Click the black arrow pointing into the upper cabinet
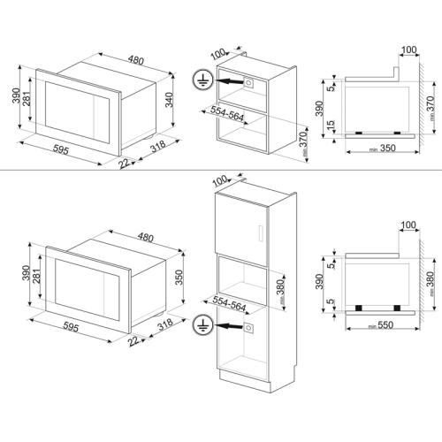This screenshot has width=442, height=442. pyautogui.click(x=231, y=80)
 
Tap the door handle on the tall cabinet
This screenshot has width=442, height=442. pyautogui.click(x=262, y=233)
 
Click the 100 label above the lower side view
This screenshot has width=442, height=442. pyautogui.click(x=408, y=226)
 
